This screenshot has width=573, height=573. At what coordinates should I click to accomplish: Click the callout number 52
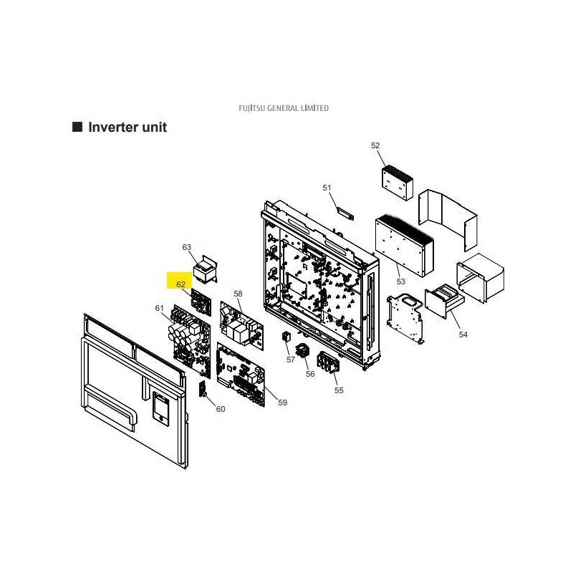[375, 145]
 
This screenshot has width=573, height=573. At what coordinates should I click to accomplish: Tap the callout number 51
[327, 188]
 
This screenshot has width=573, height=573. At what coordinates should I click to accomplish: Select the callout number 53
[401, 281]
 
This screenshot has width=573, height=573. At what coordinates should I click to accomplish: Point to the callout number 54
[463, 334]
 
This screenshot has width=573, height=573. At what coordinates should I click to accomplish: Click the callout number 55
[339, 390]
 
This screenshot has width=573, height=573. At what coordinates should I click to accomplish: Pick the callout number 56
[310, 374]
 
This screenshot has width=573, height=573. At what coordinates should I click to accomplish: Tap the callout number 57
[291, 360]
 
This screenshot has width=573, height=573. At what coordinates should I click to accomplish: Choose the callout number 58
[238, 294]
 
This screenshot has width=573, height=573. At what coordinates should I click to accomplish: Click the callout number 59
[282, 403]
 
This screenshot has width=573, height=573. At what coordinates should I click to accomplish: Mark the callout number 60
[221, 409]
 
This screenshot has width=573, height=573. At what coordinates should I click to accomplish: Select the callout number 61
[159, 308]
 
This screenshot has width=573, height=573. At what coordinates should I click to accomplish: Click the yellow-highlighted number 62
[180, 284]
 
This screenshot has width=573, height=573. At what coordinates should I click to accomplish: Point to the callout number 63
[186, 247]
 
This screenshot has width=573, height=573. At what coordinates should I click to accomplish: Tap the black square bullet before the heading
[77, 127]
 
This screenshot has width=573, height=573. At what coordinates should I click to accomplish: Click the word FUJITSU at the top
[252, 108]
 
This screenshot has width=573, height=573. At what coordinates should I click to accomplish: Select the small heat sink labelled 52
[398, 183]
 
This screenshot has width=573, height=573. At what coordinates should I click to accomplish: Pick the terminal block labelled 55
[328, 362]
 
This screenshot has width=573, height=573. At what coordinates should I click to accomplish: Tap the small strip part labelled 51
[345, 213]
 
